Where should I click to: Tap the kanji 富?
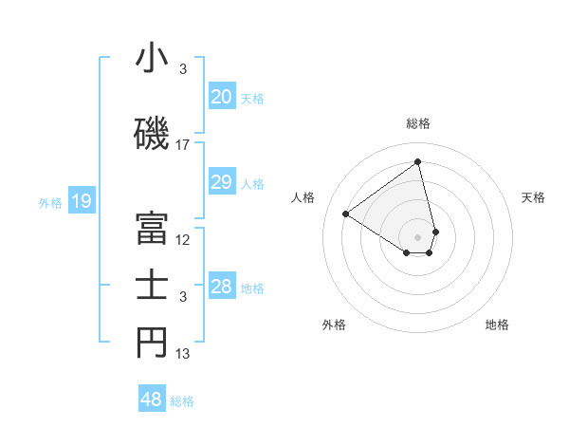pos(152,227)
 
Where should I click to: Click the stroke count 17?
pos(183,145)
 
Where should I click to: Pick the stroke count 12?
pos(183,240)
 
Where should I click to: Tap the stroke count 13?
pos(183,354)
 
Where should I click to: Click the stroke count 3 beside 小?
pos(183,69)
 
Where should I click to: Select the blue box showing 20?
pos(221,97)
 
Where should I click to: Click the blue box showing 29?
pos(221,182)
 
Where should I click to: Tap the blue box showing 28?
pos(221,287)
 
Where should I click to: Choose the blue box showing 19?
pos(81,200)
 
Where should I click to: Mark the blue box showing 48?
pos(151,400)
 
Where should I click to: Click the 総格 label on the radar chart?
pos(418,123)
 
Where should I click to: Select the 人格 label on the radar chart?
pos(303,197)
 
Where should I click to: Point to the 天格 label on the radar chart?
pos(534,197)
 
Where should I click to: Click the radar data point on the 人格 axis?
pos(346,214)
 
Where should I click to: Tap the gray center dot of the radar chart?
pos(417,236)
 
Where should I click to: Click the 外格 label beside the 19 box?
pos(49,201)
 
